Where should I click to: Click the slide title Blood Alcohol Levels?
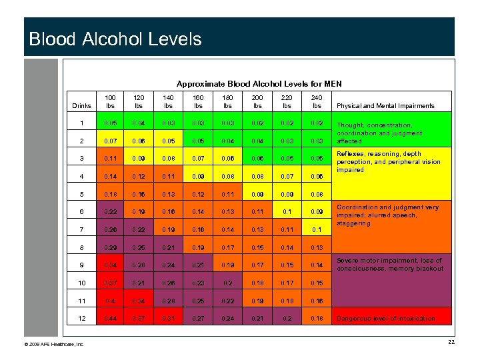click(115, 39)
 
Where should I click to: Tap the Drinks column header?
click(82, 106)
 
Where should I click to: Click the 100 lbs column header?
click(110, 101)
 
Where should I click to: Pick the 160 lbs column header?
click(198, 101)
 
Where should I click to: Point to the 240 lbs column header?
click(317, 101)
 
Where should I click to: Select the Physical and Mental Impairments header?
click(385, 106)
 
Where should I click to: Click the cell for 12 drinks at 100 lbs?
click(110, 319)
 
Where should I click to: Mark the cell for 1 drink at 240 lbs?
click(317, 123)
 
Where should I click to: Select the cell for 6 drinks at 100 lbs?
click(110, 212)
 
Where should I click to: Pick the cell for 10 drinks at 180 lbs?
click(228, 283)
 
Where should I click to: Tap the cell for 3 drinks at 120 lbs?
click(139, 159)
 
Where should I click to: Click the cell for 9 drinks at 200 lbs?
click(257, 265)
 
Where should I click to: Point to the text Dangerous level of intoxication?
click(386, 319)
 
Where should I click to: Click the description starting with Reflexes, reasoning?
click(389, 162)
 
